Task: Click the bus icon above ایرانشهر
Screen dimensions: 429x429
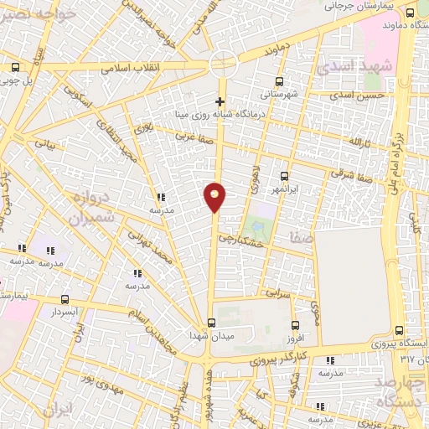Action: [284, 176]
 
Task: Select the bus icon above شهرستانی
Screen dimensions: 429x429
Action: [279, 82]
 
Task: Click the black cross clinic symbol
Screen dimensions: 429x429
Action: [220, 102]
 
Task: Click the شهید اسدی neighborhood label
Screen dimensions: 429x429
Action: [371, 67]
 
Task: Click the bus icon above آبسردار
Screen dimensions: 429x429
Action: [65, 299]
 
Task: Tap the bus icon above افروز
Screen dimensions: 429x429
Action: [294, 325]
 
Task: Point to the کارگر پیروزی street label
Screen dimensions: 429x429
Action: [279, 359]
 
